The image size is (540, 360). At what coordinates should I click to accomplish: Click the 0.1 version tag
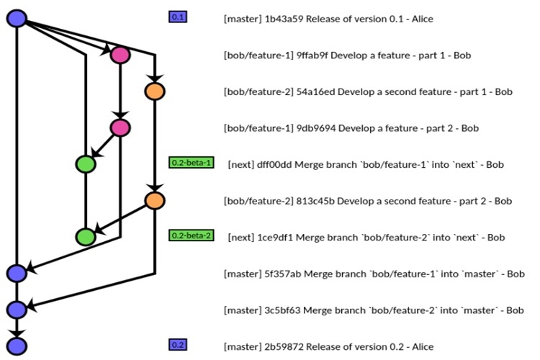point(177,17)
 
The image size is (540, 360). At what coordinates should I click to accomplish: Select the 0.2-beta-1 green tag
point(192,163)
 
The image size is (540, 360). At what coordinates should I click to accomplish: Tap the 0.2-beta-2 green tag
point(192,235)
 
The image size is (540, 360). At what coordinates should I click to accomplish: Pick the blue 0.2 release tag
point(177,345)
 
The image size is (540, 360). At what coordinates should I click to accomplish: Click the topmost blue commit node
point(17,18)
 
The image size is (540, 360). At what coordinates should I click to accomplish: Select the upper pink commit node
point(120,55)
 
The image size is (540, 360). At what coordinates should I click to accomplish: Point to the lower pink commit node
point(120,127)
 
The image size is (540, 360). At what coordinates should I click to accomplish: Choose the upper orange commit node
point(154,91)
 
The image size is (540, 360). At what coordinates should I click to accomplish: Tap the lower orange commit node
point(154,200)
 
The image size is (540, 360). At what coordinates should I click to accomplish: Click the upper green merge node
point(86,164)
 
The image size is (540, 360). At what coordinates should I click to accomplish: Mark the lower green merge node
point(86,236)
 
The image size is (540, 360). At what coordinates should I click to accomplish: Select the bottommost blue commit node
point(17,346)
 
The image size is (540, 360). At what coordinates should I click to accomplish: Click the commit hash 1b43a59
point(282,18)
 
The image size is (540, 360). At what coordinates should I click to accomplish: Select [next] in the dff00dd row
point(240,165)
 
